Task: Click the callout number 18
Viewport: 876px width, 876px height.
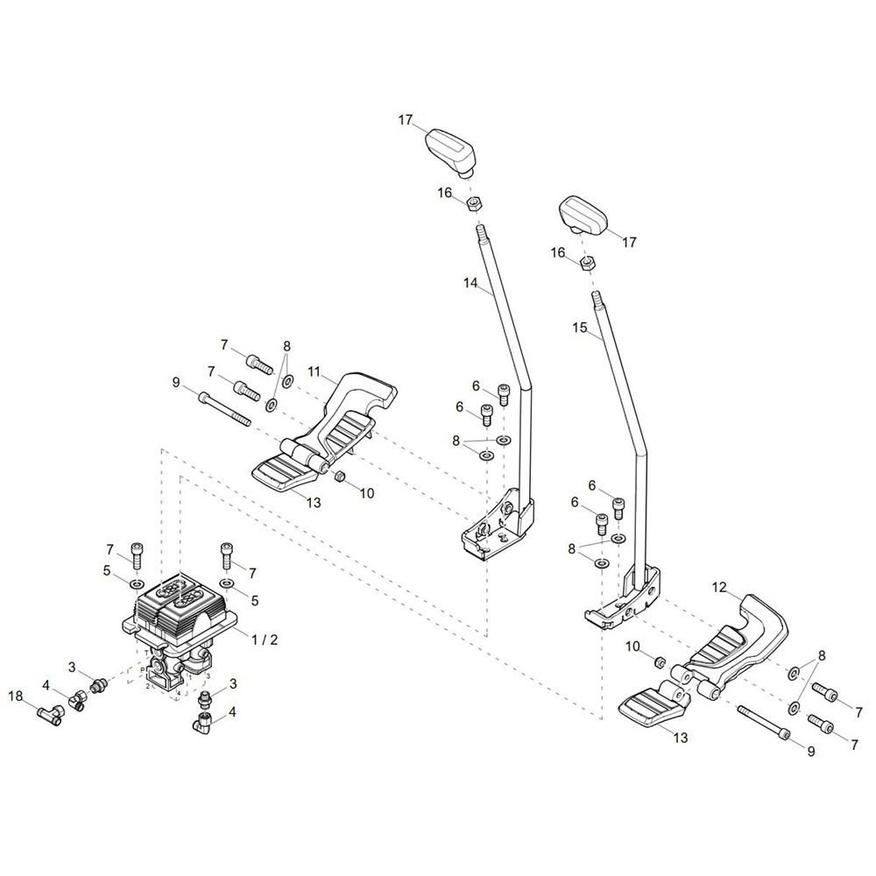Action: pos(16,696)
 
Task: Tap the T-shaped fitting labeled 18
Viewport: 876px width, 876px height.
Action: pos(51,715)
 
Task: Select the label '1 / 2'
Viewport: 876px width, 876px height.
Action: pos(265,639)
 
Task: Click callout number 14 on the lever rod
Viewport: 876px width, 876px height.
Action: pos(470,283)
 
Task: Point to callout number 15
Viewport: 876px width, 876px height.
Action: pos(580,328)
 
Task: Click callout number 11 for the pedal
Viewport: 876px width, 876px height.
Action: pos(314,372)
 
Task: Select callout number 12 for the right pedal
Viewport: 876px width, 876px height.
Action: pos(719,587)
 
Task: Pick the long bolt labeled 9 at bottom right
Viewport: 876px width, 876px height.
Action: pos(765,721)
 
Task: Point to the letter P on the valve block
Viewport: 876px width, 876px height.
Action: pos(142,669)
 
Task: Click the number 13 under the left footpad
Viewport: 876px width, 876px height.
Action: pos(314,502)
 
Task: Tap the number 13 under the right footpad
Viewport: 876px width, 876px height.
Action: pos(681,738)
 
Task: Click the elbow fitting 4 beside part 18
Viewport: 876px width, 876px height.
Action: pos(77,698)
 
